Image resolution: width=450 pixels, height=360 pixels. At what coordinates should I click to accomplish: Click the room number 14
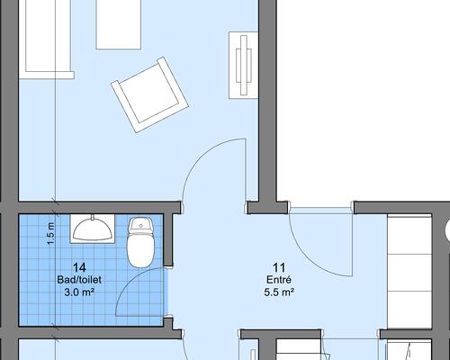pyautogui.click(x=79, y=267)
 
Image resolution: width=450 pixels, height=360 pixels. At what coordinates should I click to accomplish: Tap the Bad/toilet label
pyautogui.click(x=79, y=280)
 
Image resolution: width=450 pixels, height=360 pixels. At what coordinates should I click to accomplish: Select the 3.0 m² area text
pyautogui.click(x=79, y=292)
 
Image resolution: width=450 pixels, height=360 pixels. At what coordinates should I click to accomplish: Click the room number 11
pyautogui.click(x=279, y=267)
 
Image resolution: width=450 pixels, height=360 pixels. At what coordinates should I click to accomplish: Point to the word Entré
pyautogui.click(x=279, y=280)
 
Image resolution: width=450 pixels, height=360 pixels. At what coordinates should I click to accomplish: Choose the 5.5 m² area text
pyautogui.click(x=279, y=292)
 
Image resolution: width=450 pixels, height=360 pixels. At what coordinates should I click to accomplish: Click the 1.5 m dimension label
pyautogui.click(x=51, y=234)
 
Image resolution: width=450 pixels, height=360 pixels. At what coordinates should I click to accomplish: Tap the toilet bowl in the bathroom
pyautogui.click(x=140, y=250)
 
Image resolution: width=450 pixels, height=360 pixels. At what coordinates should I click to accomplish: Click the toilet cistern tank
pyautogui.click(x=140, y=225)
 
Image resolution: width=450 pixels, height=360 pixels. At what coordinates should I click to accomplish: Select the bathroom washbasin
pyautogui.click(x=93, y=229)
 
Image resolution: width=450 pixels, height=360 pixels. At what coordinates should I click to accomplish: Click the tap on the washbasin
pyautogui.click(x=93, y=217)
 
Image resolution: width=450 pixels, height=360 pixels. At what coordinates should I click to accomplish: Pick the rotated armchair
pyautogui.click(x=149, y=94)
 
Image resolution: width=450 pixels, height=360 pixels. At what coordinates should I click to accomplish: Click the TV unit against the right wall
pyautogui.click(x=243, y=65)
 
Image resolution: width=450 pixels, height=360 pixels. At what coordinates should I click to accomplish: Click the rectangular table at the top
pyautogui.click(x=119, y=24)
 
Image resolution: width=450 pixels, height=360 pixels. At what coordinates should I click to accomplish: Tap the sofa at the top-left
pyautogui.click(x=47, y=39)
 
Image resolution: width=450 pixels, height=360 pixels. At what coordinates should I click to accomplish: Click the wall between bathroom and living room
pyautogui.click(x=100, y=208)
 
